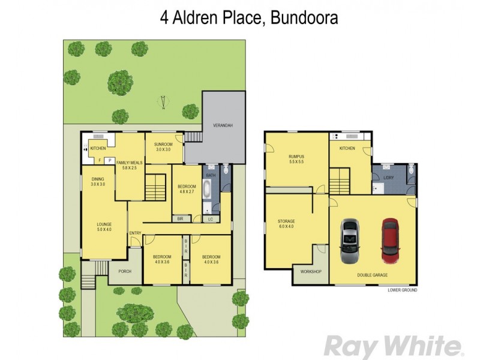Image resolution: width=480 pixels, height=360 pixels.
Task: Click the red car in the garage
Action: (390, 241)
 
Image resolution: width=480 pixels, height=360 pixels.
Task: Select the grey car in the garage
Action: (350, 241)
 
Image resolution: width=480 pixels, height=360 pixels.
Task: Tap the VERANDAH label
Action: (223, 126)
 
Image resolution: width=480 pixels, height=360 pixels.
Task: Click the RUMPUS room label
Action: (296, 159)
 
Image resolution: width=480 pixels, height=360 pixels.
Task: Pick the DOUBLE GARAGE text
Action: (372, 275)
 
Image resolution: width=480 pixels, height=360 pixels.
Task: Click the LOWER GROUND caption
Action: (402, 290)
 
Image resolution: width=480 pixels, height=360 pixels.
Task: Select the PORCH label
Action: (125, 271)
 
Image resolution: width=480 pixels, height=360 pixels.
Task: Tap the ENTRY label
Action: (134, 233)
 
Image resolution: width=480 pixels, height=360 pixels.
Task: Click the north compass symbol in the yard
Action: (161, 103)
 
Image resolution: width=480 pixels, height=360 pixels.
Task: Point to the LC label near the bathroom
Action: (211, 219)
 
